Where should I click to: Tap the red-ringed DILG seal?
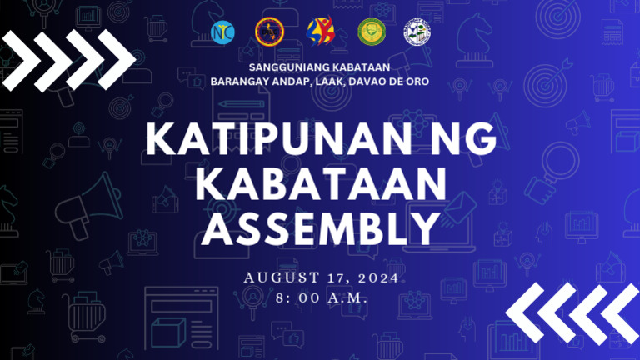click(x=270, y=31)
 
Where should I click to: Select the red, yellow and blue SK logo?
click(x=320, y=31)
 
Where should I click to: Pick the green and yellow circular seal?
click(x=372, y=31)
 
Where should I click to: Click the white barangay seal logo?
click(x=417, y=31)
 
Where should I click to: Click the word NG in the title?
click(x=467, y=140)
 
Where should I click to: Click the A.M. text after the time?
click(x=346, y=297)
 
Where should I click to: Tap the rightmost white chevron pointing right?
click(x=117, y=58)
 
